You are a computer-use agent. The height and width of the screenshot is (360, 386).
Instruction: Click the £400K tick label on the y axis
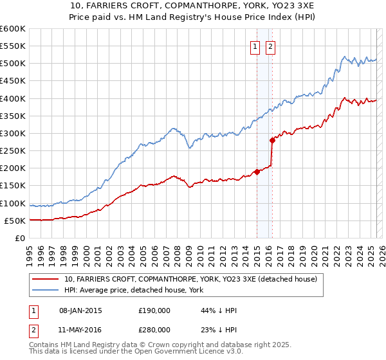click(13, 98)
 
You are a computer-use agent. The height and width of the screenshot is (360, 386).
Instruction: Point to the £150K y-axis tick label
click(13, 186)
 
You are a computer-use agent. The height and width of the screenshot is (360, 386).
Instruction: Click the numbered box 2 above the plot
click(270, 46)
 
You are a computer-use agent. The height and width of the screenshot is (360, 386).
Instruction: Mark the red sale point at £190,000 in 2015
click(257, 172)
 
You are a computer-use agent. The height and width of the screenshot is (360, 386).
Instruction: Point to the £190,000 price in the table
click(154, 310)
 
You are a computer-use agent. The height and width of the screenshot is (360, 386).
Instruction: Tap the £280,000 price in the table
click(154, 330)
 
